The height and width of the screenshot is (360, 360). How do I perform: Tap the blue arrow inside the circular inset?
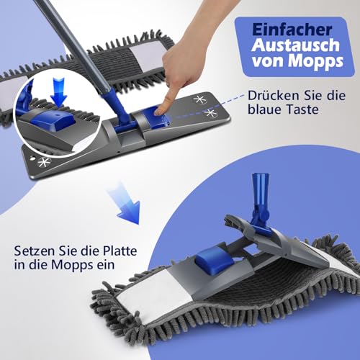pyautogui.click(x=59, y=99)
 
